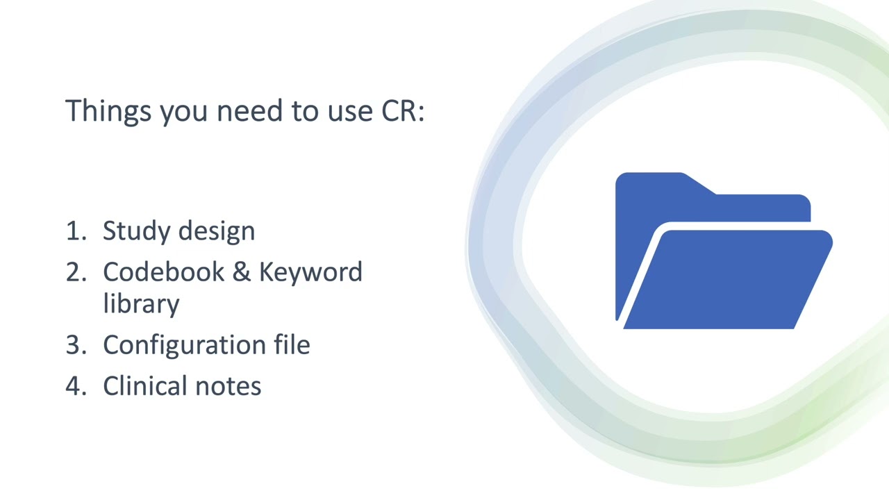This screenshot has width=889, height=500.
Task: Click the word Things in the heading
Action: tap(108, 111)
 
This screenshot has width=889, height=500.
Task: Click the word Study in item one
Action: tap(134, 231)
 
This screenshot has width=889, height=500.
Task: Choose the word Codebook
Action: tap(163, 272)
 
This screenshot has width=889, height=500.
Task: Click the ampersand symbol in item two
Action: tap(240, 272)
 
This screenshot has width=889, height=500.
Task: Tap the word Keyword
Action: tap(310, 272)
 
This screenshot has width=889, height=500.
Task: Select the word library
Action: tap(141, 304)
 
